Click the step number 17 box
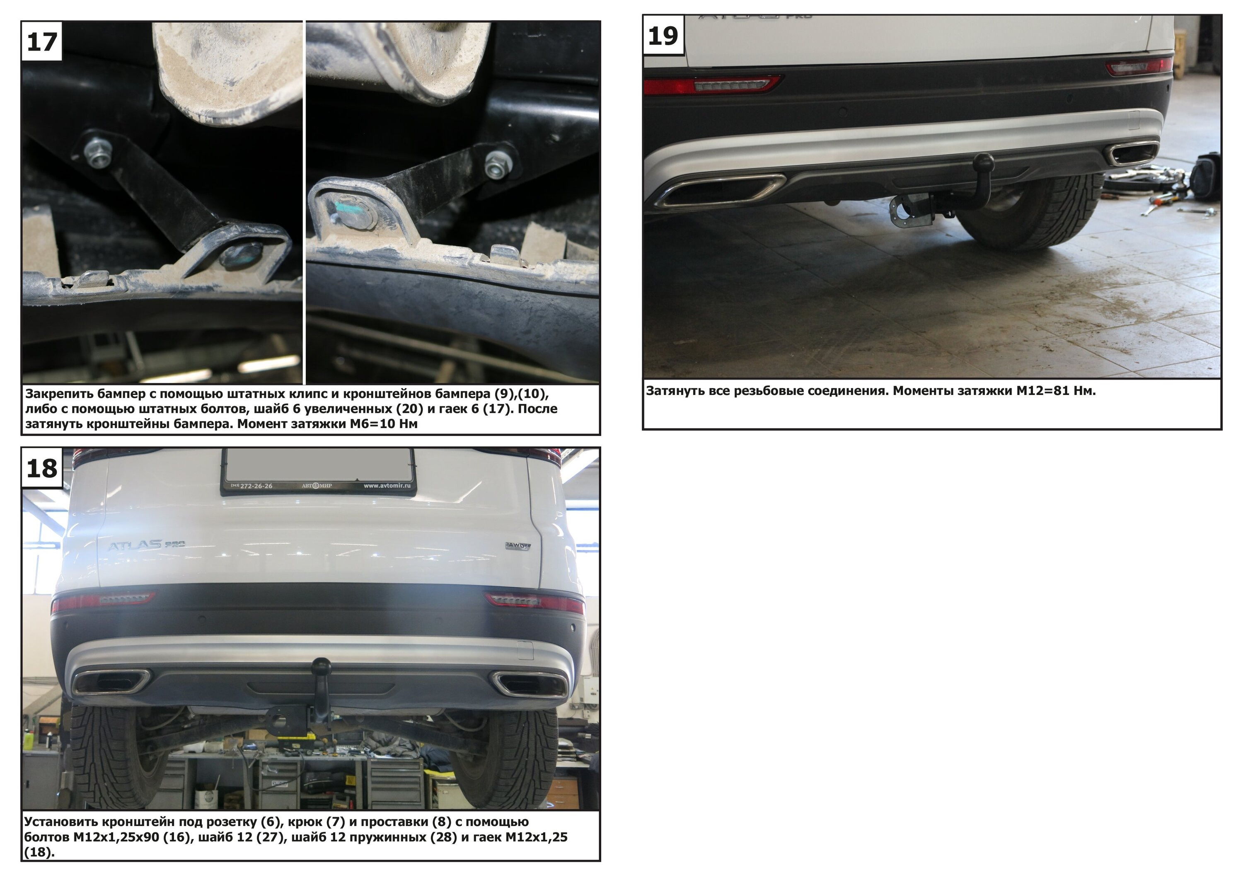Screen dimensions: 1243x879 (x=42, y=41)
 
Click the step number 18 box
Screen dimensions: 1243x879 (x=42, y=468)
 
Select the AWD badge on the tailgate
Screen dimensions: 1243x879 (x=518, y=546)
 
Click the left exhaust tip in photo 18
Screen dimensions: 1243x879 (x=111, y=682)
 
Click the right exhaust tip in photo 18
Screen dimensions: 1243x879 (x=528, y=683)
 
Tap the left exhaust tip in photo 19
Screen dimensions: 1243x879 (x=719, y=190)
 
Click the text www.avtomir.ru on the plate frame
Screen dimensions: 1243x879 (x=387, y=486)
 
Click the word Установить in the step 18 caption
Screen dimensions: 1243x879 (x=60, y=821)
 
